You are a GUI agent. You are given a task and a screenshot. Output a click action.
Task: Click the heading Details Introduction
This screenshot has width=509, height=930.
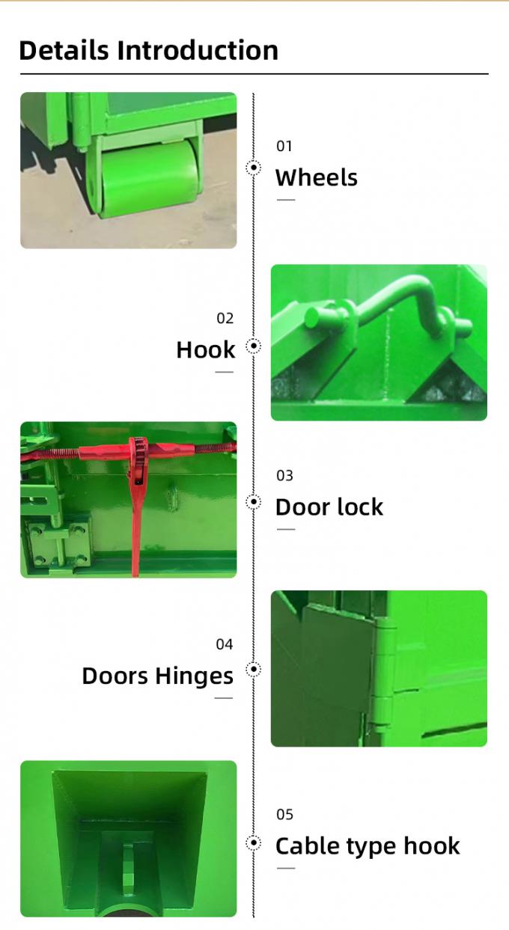coord(148,50)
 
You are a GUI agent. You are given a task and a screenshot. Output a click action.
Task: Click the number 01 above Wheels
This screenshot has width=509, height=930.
coord(284,146)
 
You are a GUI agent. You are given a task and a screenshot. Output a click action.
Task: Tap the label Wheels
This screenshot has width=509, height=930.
coord(316,178)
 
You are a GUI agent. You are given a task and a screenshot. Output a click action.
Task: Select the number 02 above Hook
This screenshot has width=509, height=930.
coord(225,318)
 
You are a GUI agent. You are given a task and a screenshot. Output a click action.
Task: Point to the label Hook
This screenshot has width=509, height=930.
coord(206,350)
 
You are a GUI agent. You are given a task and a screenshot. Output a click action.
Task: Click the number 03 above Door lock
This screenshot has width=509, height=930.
coord(284,475)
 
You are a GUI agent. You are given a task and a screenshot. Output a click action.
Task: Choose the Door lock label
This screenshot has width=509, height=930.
coord(329,507)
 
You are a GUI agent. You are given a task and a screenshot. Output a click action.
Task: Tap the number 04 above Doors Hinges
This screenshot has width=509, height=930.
coord(225,644)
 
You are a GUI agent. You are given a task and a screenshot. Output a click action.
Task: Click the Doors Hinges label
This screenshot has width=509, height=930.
coord(158,676)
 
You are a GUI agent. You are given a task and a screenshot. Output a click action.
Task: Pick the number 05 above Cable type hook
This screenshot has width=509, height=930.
coord(284,814)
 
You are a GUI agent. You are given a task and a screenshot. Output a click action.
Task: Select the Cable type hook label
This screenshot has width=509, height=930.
coord(368,846)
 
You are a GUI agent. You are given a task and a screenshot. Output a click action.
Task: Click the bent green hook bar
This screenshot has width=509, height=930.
coord(404,299)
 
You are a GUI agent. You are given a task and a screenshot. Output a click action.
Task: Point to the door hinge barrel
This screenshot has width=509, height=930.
coord(383,673)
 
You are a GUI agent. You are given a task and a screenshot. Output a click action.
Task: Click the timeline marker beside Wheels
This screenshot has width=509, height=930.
coord(254,168)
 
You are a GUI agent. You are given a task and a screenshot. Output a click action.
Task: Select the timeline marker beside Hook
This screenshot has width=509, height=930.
coord(254,346)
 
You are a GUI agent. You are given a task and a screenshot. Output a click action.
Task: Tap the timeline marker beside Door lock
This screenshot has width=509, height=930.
coord(254,501)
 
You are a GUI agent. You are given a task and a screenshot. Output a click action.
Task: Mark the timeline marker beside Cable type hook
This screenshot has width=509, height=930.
coord(254,843)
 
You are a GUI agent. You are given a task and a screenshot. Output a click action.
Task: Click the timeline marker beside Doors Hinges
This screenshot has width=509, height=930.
coord(254,669)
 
